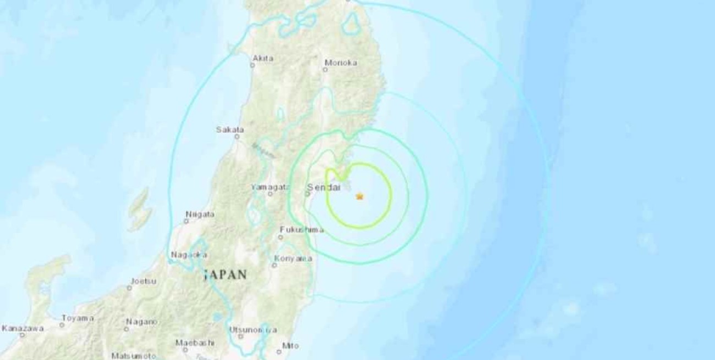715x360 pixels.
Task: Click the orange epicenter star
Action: (x=360, y=196)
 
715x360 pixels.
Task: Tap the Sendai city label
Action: (x=320, y=187)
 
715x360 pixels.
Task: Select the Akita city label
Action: (x=263, y=58)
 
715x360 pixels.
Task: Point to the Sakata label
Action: (x=230, y=130)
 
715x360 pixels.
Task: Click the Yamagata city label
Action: (x=270, y=187)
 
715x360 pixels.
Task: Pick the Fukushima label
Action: (x=298, y=229)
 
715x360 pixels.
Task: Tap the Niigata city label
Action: (x=200, y=214)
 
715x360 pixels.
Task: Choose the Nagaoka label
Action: (x=189, y=254)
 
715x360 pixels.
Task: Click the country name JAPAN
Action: (x=225, y=274)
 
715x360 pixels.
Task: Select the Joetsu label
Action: (x=143, y=281)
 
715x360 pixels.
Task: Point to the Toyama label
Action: (x=78, y=318)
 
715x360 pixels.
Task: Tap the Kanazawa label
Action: (x=23, y=328)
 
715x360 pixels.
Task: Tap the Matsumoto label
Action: (x=134, y=356)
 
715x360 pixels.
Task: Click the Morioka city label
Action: (x=341, y=63)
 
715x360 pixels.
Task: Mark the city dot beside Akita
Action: (x=252, y=65)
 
